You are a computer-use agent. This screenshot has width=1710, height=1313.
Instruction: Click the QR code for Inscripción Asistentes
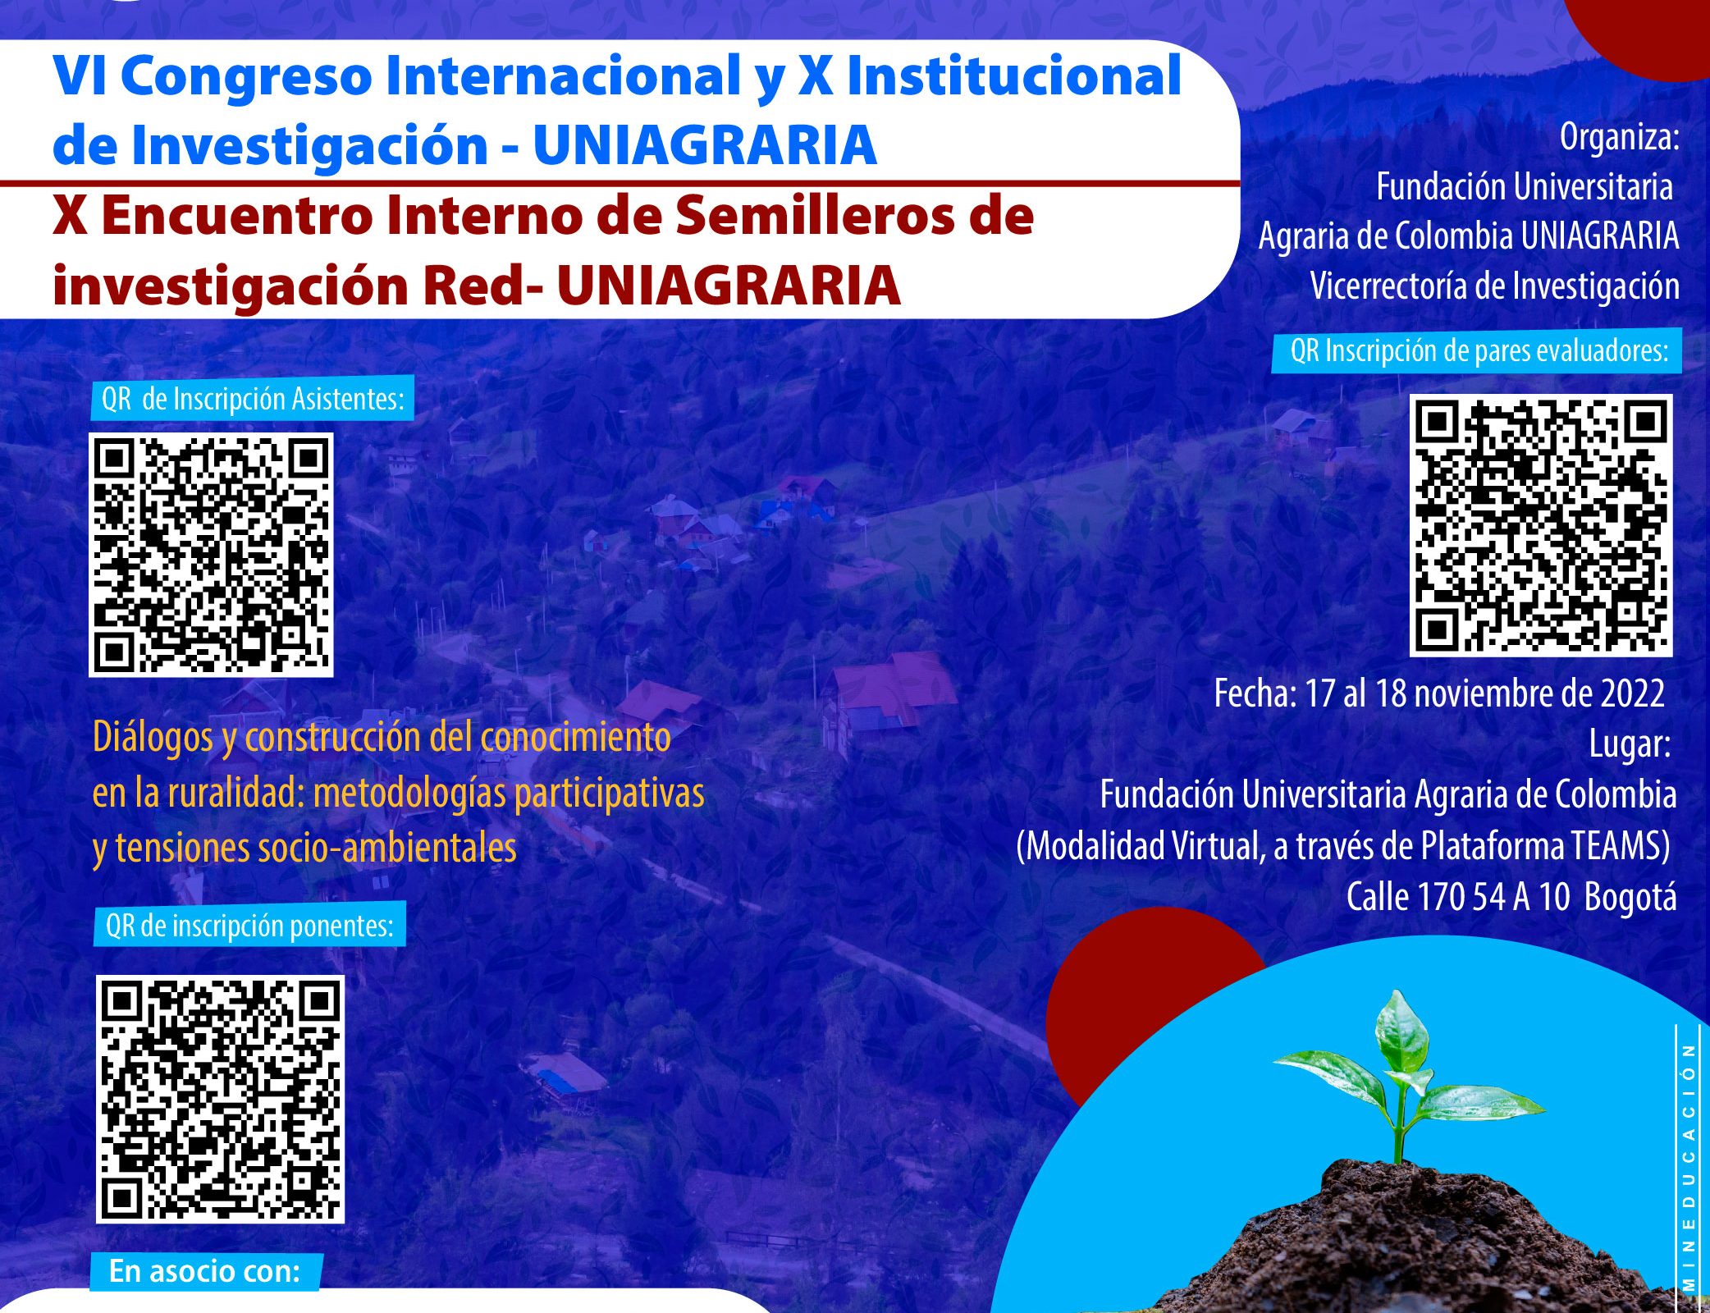(x=211, y=555)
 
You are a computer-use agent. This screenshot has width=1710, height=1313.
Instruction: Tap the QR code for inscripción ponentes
(x=220, y=1099)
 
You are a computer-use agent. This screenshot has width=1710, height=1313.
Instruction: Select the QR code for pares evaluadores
(x=1541, y=525)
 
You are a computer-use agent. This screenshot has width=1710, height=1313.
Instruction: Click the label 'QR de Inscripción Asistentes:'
(x=253, y=399)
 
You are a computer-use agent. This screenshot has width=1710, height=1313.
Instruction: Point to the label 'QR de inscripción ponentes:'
(x=249, y=926)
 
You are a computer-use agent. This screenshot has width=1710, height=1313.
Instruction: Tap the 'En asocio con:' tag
(x=204, y=1271)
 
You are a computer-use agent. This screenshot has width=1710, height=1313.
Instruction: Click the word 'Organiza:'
(x=1620, y=137)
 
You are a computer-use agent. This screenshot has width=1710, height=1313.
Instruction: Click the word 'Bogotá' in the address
(x=1630, y=897)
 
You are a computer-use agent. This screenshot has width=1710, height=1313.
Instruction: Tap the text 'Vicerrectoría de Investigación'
(x=1494, y=286)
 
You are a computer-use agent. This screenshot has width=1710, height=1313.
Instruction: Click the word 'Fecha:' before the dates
(x=1255, y=694)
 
